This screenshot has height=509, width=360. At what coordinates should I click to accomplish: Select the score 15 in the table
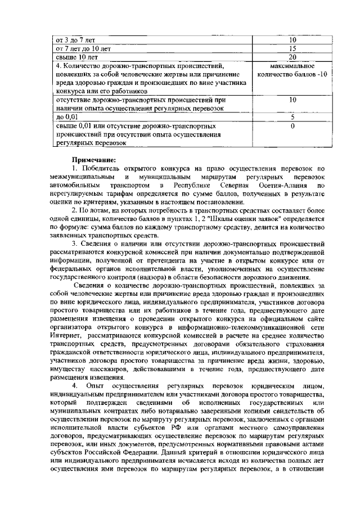(292, 49)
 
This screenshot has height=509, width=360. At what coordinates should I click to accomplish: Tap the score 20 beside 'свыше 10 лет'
(292, 57)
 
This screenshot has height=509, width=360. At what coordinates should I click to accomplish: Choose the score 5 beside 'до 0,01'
(292, 117)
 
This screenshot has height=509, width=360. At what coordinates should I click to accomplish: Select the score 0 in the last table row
(292, 126)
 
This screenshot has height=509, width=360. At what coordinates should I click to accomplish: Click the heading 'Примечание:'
(92, 160)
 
